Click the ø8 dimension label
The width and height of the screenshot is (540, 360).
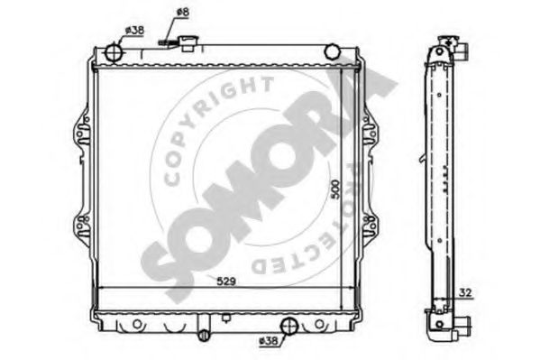pos(182,13)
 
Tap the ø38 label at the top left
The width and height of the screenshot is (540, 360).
pos(134,31)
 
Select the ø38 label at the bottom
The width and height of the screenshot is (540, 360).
pos(268,341)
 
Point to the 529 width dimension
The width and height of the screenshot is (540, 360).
pos(226,282)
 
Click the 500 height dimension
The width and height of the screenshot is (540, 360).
pos(335,189)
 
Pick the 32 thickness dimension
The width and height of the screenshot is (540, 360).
pos(465,292)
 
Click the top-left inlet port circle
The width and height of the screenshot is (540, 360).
pos(114,53)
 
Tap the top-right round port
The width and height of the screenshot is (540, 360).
pos(332,51)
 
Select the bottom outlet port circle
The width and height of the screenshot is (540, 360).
pos(289,327)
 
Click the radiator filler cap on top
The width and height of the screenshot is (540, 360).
pos(188,43)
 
